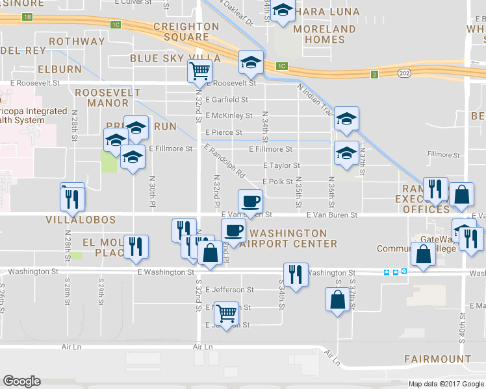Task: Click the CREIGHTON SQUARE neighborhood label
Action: pos(186,32)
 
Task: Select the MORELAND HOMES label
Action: pos(324,34)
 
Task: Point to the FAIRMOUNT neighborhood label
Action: pos(437,359)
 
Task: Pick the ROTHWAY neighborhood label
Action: pos(77,41)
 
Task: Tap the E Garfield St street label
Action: pos(227,100)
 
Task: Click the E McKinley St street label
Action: pos(229,116)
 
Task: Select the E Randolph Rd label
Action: pos(224,161)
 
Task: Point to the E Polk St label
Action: pos(277,182)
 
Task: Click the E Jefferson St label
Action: pos(229,290)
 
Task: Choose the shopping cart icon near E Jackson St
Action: pos(225,314)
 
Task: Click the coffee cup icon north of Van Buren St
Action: pos(250,200)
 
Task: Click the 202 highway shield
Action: pos(405,74)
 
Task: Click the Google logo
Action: pos(22,381)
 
